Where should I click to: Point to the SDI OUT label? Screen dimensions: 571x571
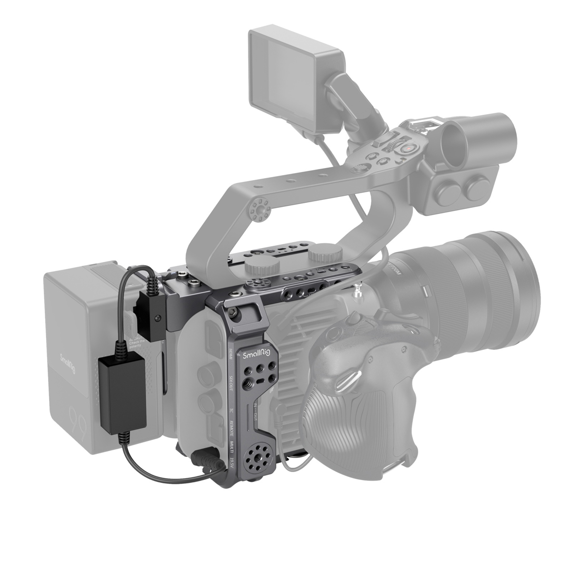point(231,383)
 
